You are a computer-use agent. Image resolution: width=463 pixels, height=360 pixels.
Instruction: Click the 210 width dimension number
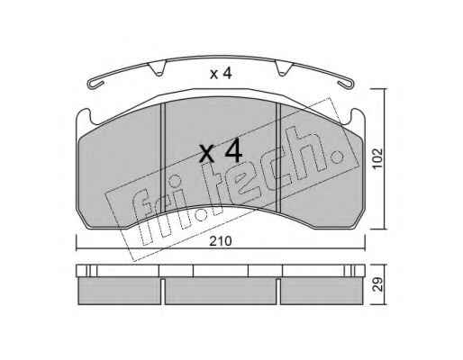click(x=221, y=241)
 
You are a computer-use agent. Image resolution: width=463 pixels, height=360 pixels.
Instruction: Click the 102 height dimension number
click(x=377, y=157)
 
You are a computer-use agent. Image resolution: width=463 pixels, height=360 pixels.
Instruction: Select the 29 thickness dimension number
click(x=377, y=284)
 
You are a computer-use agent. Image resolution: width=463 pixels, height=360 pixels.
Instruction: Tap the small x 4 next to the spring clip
click(x=221, y=74)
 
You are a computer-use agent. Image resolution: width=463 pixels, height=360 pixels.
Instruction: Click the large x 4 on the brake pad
click(x=221, y=151)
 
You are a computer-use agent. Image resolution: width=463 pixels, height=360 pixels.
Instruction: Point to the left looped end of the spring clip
click(x=95, y=84)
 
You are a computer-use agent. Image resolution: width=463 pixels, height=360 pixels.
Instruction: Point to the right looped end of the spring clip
click(x=347, y=84)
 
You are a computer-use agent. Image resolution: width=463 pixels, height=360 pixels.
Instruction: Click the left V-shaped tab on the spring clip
click(x=158, y=68)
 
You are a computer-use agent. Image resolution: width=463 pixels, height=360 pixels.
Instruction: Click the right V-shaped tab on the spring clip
click(x=284, y=68)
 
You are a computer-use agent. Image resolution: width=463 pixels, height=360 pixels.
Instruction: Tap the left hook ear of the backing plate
click(x=84, y=116)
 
